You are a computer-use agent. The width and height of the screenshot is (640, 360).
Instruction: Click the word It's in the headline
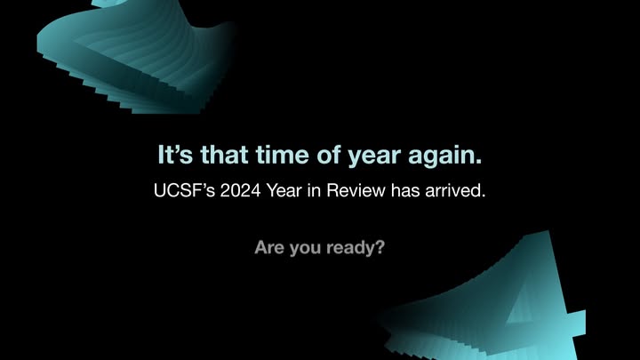click(x=175, y=155)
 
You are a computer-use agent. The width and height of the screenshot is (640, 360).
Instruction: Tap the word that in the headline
click(x=224, y=155)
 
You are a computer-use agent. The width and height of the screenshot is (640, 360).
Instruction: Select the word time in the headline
click(x=283, y=155)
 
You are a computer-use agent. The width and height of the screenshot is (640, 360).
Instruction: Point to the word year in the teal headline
click(x=374, y=157)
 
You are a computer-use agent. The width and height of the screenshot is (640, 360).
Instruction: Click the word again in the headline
click(x=442, y=157)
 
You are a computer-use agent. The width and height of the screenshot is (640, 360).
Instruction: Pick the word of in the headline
click(x=328, y=155)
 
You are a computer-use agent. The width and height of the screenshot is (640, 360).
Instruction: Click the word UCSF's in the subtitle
click(x=185, y=190)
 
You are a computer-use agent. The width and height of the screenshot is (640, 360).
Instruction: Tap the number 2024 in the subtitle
click(x=240, y=190)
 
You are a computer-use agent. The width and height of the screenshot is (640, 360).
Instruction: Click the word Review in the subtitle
click(x=356, y=190)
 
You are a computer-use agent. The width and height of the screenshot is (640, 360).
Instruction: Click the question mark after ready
click(x=380, y=247)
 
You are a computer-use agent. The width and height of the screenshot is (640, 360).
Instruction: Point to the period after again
click(x=479, y=162)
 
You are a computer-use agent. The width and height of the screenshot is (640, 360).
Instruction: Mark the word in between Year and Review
click(x=314, y=190)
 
